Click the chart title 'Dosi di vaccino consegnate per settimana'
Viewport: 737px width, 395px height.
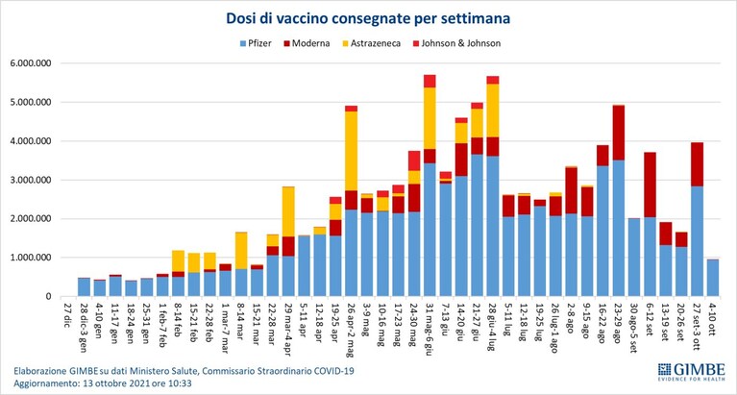click(x=368, y=18)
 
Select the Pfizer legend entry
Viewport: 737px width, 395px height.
click(x=257, y=44)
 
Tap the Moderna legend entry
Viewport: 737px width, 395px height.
click(x=307, y=44)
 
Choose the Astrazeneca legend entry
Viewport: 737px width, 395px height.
click(x=371, y=44)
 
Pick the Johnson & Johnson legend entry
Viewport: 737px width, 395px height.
click(x=456, y=44)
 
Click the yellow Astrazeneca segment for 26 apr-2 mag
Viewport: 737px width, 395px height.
click(x=351, y=151)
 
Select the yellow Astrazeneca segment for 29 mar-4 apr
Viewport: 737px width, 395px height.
click(x=288, y=211)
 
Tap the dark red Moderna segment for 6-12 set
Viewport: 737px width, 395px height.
click(x=651, y=185)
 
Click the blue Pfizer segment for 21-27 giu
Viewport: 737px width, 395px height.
click(x=477, y=225)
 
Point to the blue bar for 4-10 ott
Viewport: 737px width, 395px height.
click(x=713, y=278)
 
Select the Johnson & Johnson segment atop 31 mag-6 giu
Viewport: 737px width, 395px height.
click(x=430, y=81)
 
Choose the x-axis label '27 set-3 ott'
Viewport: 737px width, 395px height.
click(x=697, y=328)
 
